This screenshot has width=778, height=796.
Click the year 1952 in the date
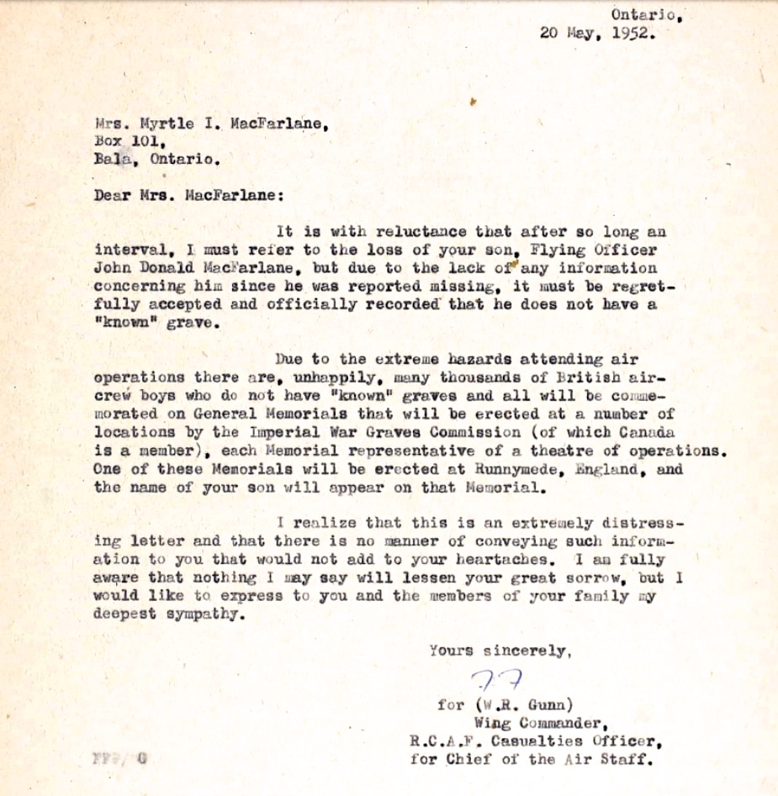[x=632, y=34]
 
